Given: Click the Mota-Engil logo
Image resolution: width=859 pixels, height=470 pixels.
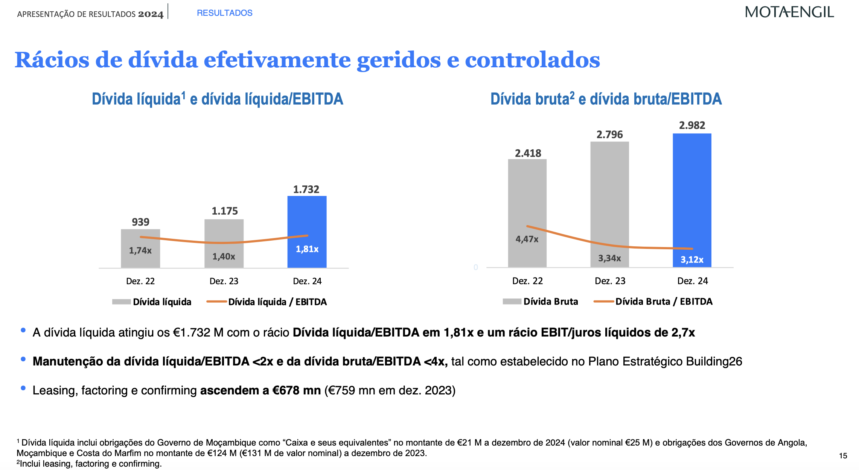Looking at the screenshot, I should [789, 12].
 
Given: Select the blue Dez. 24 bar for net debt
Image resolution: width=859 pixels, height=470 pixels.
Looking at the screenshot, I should [307, 218].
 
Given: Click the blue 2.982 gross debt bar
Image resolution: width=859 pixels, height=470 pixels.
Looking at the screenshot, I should [692, 188].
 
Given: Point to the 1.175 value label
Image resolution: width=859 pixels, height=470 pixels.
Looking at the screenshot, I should [225, 211].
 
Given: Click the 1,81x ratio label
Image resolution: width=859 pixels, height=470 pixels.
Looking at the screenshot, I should [307, 249].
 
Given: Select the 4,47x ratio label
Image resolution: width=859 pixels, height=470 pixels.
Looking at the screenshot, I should [527, 239].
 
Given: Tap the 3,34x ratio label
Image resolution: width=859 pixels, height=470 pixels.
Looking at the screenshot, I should [609, 258].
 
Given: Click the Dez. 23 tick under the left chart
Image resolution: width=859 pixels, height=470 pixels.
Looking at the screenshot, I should [224, 281].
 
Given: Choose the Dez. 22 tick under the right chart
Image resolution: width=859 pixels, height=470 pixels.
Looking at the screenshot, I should [527, 281].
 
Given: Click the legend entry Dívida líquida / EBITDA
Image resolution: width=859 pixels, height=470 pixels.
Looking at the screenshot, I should [277, 302].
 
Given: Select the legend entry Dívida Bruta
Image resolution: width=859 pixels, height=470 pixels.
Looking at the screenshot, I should [550, 302].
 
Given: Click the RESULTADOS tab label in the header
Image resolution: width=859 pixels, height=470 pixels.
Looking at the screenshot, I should [224, 13].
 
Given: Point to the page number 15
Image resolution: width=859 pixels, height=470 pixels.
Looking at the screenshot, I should [843, 456].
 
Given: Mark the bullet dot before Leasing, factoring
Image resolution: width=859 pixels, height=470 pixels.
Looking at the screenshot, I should [23, 388].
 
